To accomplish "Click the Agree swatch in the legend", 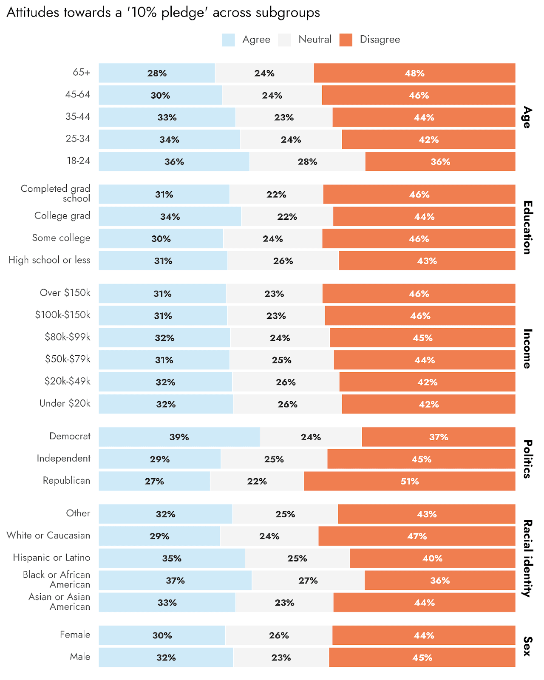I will [228, 40].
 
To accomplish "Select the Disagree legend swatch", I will [346, 40].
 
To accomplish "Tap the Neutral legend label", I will [314, 40].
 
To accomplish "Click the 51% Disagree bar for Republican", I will [409, 481].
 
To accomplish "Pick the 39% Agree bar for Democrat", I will [179, 437].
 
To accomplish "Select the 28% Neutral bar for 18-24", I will [307, 161].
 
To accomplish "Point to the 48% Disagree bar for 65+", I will [414, 73].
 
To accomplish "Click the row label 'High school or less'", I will [49, 260].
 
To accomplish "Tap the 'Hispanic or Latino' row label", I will [51, 558].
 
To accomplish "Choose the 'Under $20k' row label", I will [65, 403].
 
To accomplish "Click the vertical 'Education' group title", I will [527, 227].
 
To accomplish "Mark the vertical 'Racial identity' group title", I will [527, 558].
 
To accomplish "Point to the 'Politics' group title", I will [527, 459].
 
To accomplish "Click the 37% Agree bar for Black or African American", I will [175, 581].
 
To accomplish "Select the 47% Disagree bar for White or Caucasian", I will [416, 536].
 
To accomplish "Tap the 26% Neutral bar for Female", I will [279, 635].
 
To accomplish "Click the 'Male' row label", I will [80, 657].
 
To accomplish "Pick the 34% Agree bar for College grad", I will [170, 217].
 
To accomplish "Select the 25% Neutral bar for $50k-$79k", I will [281, 360].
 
